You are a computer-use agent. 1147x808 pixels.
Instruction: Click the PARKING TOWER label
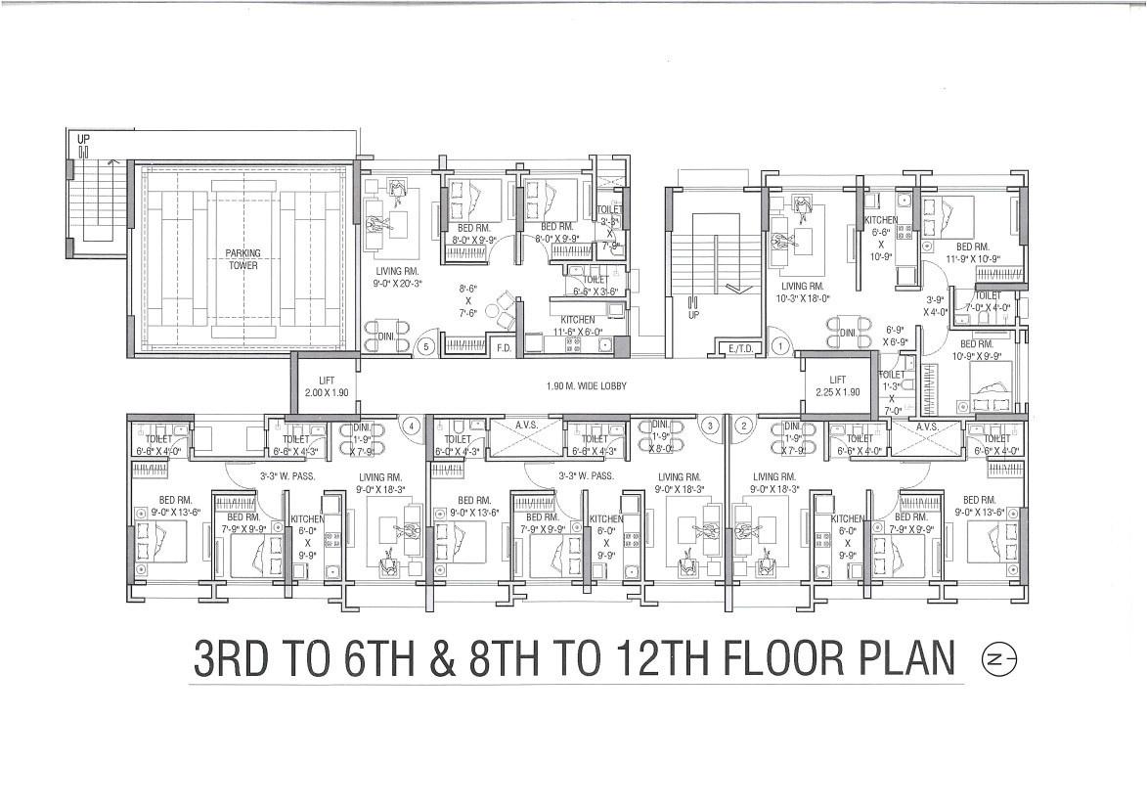click(x=243, y=259)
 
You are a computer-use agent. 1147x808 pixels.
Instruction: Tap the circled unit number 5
click(x=425, y=345)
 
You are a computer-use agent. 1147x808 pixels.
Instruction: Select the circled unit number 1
click(x=780, y=345)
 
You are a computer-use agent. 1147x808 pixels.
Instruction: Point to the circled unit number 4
click(x=413, y=426)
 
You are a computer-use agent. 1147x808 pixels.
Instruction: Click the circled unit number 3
click(x=712, y=426)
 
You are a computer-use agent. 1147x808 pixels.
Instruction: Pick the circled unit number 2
click(x=743, y=426)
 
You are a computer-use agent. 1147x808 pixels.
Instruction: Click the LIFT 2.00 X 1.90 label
click(x=327, y=385)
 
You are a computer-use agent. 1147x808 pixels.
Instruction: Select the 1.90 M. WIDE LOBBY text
click(x=587, y=386)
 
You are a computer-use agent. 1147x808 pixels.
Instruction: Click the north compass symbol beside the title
click(x=999, y=660)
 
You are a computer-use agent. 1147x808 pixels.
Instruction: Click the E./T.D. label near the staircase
click(x=738, y=347)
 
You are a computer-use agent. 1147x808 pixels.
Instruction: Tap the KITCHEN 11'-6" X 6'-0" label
click(x=577, y=326)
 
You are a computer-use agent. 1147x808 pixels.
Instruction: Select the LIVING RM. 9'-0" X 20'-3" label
click(x=396, y=278)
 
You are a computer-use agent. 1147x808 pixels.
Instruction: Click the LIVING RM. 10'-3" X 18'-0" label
click(x=803, y=292)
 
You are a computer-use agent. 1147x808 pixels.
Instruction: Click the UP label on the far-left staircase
click(x=83, y=140)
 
